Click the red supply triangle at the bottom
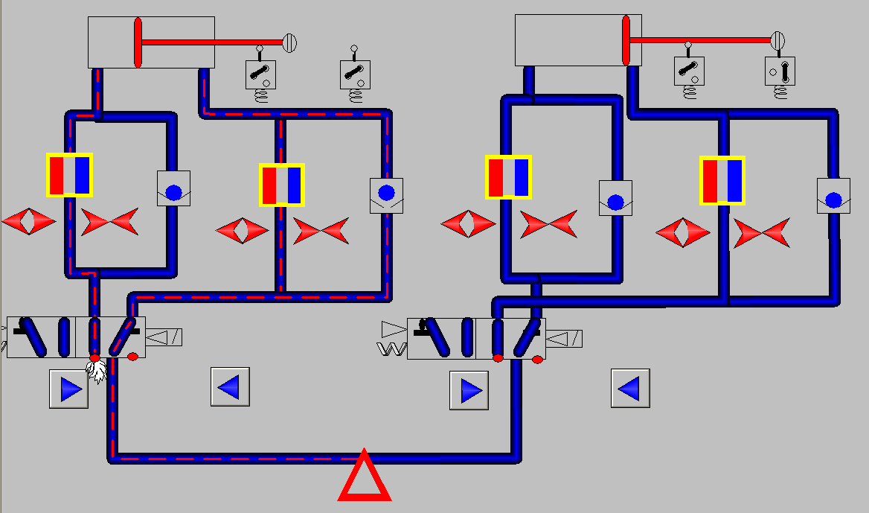pyautogui.click(x=364, y=479)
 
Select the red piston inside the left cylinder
pyautogui.click(x=138, y=42)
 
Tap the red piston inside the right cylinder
pyautogui.click(x=626, y=40)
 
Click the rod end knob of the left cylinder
pyautogui.click(x=291, y=42)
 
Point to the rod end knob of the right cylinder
pyautogui.click(x=778, y=40)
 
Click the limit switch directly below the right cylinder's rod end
pyautogui.click(x=779, y=71)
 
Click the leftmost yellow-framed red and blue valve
pyautogui.click(x=69, y=175)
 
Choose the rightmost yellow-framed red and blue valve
pyautogui.click(x=722, y=180)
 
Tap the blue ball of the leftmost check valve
pyautogui.click(x=173, y=192)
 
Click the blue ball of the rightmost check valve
pyautogui.click(x=833, y=200)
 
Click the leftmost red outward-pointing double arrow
pyautogui.click(x=28, y=221)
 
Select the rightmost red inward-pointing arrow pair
pyautogui.click(x=761, y=233)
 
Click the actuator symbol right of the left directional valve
pyautogui.click(x=164, y=337)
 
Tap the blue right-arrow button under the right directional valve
pyautogui.click(x=469, y=390)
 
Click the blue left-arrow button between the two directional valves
pyautogui.click(x=230, y=387)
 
